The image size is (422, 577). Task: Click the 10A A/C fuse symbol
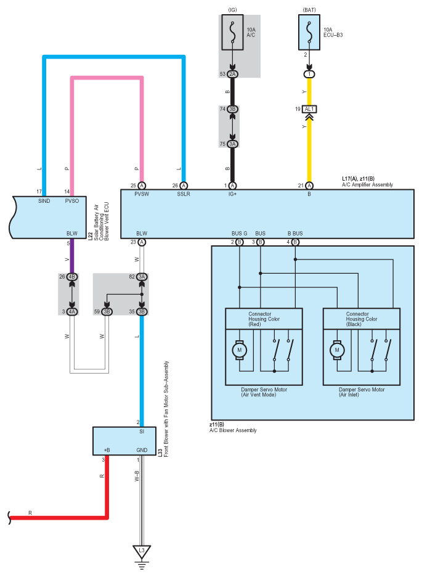pos(232,33)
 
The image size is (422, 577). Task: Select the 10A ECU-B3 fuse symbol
pos(309,33)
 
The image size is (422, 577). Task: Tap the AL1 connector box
pos(309,109)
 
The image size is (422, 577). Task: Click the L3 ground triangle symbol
pos(142,552)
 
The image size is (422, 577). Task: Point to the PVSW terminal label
pos(142,194)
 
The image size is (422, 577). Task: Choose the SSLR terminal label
pos(184,194)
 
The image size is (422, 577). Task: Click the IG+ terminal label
pos(232,194)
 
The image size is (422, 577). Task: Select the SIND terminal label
pos(44,201)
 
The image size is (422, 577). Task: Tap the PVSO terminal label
pos(72,201)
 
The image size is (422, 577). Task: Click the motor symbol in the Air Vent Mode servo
pos(240,350)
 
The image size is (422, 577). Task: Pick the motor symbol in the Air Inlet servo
pos(337,350)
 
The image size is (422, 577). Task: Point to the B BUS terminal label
pos(295,233)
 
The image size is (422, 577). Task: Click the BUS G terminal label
pos(239,233)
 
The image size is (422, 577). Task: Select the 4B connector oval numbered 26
pos(72,277)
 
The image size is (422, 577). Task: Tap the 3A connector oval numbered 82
pos(142,277)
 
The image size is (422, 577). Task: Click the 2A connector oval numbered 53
pos(232,74)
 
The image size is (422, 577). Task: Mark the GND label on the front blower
pos(142,450)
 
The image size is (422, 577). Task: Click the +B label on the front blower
pos(107,450)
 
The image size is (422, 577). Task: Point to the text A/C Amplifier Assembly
pos(367,185)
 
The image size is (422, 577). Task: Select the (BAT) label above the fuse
pos(309,10)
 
